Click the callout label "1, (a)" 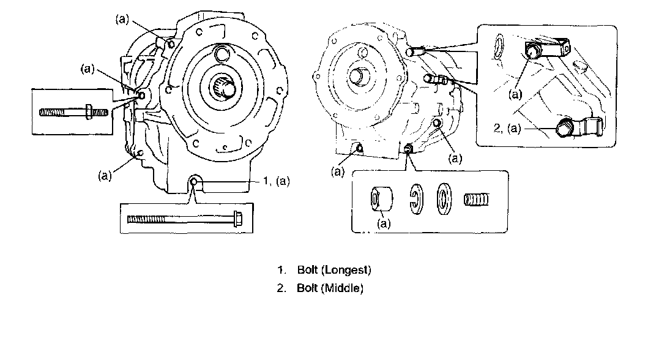tap(276, 181)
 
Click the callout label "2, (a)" tap(505, 129)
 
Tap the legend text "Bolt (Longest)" tap(334, 269)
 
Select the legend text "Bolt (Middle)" tap(330, 288)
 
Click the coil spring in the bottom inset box tap(478, 200)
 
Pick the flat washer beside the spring tap(444, 200)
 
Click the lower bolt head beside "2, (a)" tap(564, 129)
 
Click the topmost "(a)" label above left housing tap(122, 20)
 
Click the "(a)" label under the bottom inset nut tap(384, 223)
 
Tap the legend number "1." tap(281, 269)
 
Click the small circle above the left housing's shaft tap(220, 54)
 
